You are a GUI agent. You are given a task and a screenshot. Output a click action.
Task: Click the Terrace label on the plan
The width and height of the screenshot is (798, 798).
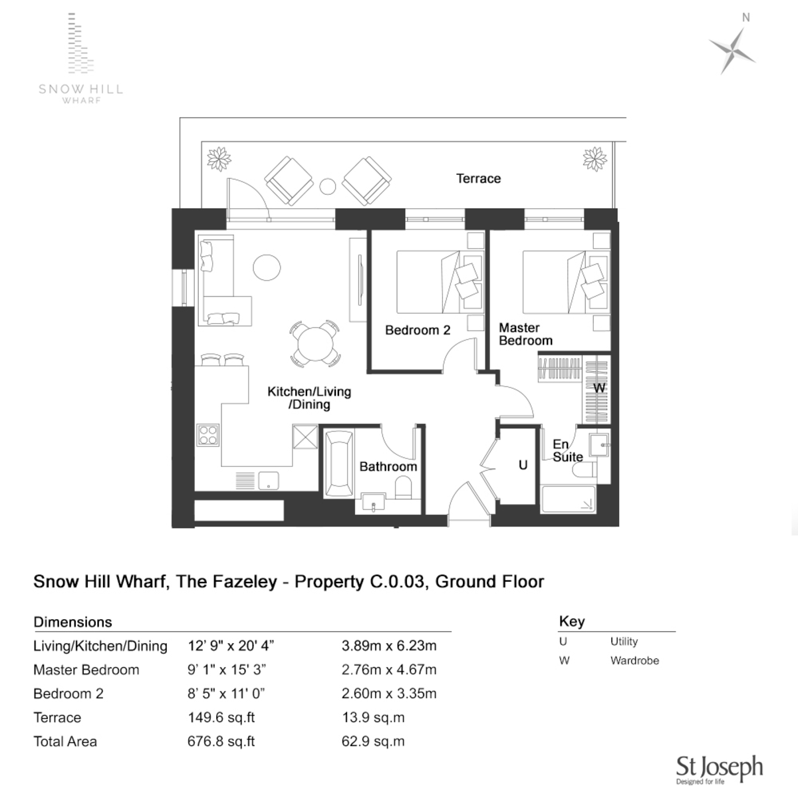click(x=478, y=178)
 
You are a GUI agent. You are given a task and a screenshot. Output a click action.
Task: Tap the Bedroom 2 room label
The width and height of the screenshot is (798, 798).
click(x=418, y=330)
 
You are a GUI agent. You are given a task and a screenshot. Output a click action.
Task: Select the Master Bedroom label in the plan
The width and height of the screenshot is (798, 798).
click(x=525, y=334)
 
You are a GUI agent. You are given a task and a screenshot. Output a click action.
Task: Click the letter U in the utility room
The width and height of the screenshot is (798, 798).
click(x=523, y=465)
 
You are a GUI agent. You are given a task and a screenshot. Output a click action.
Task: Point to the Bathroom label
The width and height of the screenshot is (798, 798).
click(x=388, y=466)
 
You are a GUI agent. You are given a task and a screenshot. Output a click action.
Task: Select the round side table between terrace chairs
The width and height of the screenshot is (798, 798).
click(x=327, y=186)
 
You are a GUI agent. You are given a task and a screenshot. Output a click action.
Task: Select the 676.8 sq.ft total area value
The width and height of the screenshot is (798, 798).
click(x=221, y=741)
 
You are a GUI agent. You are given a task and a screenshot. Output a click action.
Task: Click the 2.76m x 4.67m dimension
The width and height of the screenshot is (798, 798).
click(x=389, y=670)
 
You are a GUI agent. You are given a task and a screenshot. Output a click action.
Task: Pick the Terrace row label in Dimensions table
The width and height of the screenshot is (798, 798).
click(x=57, y=718)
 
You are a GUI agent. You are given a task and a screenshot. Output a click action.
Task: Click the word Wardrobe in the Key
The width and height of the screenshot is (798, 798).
click(x=634, y=660)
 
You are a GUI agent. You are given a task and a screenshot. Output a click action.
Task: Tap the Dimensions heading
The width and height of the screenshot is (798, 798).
click(x=72, y=622)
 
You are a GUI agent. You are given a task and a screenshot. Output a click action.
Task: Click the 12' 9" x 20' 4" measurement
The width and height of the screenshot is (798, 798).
click(x=231, y=646)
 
